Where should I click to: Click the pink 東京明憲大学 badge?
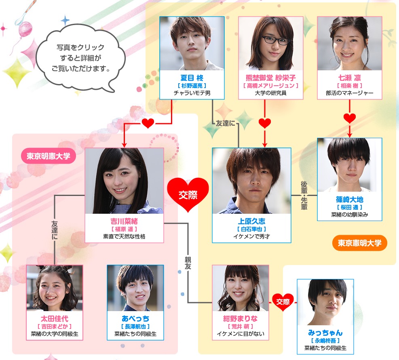pos(49,156)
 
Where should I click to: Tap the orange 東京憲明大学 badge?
pos(359,243)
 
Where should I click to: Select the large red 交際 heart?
pos(188,195)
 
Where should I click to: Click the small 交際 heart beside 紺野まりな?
pos(283,302)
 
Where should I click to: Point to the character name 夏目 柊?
pos(192,78)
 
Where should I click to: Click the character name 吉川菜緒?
pos(124,221)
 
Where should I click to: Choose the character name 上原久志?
pos(251,221)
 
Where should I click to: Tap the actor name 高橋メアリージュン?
pos(271,86)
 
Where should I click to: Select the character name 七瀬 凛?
pos(349,78)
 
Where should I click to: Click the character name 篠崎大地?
pos(349,200)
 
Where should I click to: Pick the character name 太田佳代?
pos(55,318)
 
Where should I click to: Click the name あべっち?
pos(135,318)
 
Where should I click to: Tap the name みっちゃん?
pos(325,333)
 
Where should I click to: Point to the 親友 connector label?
pos(188,263)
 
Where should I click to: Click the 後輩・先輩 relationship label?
pos(304,196)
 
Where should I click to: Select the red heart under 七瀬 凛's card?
pos(349,118)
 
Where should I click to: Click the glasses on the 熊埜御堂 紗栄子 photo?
pos(276,40)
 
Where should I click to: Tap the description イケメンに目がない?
pos(241,334)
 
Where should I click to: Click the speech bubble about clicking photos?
pos(80,58)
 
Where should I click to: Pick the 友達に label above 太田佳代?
pos(55,230)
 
